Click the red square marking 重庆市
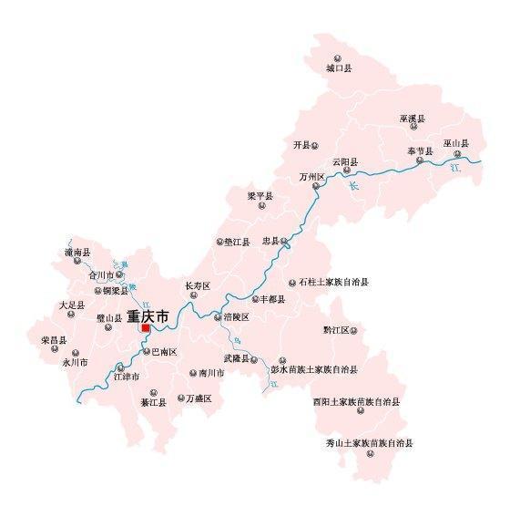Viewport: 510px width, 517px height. pyautogui.click(x=146, y=328)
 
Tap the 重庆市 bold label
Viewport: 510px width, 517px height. pyautogui.click(x=148, y=316)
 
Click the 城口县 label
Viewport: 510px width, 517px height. pyautogui.click(x=339, y=68)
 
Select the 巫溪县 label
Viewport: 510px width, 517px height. pyautogui.click(x=412, y=119)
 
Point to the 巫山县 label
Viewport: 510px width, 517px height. pyautogui.click(x=455, y=144)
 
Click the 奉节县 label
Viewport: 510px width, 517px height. pyautogui.click(x=420, y=150)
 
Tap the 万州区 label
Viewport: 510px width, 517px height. pyautogui.click(x=311, y=177)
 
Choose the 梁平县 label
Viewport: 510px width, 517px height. pyautogui.click(x=260, y=196)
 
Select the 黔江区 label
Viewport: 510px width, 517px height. pyautogui.click(x=336, y=330)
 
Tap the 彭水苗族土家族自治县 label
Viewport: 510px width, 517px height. pyautogui.click(x=313, y=370)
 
